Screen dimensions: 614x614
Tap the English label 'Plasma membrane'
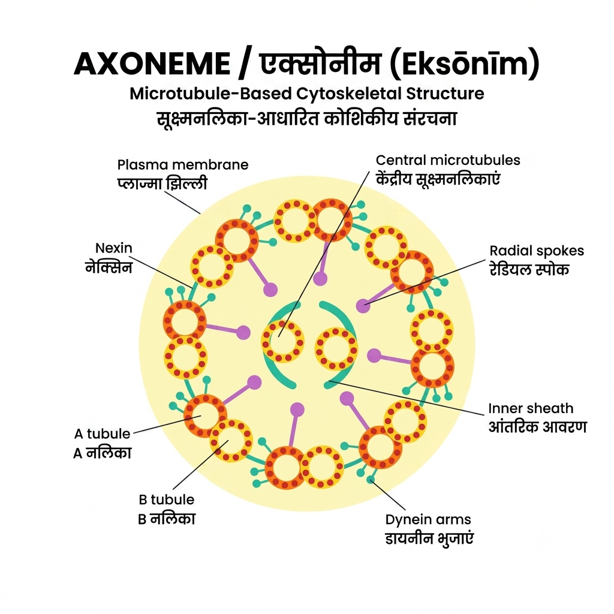[x=183, y=164]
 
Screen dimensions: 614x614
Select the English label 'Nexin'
[x=114, y=248]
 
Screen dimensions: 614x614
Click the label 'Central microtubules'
[x=448, y=159]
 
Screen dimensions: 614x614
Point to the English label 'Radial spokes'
[x=537, y=251]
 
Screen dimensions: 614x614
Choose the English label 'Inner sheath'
[x=531, y=408]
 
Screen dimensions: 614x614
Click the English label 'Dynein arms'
[x=428, y=520]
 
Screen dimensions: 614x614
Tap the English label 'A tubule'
[x=102, y=434]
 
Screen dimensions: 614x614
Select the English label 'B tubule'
[x=167, y=499]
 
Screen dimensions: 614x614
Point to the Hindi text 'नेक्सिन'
[x=109, y=267]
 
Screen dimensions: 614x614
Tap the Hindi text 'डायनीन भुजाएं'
[x=429, y=538]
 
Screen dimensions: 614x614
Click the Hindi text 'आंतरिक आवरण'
[x=537, y=426]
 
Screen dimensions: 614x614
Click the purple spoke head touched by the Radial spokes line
[x=363, y=306]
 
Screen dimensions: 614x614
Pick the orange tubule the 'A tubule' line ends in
[x=205, y=416]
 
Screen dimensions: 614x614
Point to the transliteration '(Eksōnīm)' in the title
[x=465, y=64]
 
